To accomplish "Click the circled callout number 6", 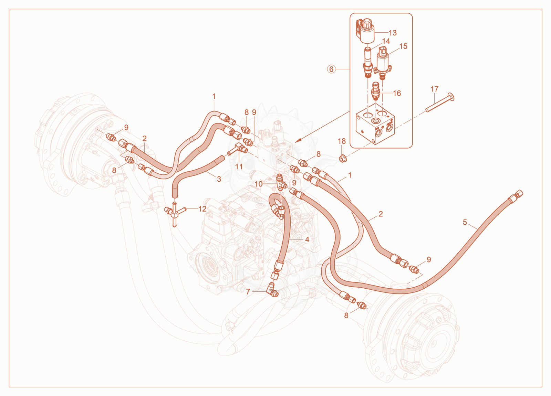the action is coord(331,69).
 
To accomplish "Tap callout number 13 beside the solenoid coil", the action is coord(393,33).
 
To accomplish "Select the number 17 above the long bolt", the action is coord(434,89).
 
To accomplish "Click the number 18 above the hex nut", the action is coord(342,141).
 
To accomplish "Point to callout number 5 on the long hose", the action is coord(465,222).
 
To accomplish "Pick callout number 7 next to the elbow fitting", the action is coord(248,292).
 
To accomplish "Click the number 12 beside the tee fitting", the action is coord(202,209).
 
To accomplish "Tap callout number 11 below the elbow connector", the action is coord(239,167).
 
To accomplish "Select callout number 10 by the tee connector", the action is coord(259,184).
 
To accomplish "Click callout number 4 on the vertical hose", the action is coord(307,239).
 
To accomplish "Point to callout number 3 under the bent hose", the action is coord(219,179).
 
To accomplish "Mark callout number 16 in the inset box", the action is coord(397,93).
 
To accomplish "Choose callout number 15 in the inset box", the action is coord(403,46).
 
